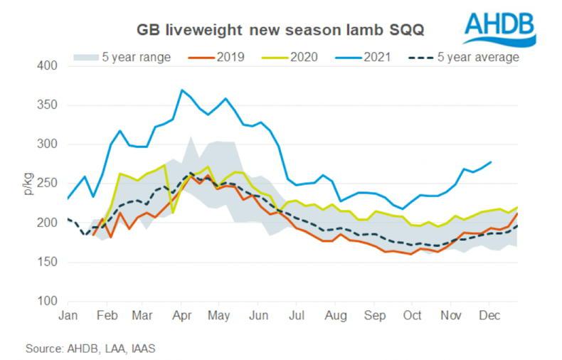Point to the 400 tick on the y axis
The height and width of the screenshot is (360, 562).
pos(47,66)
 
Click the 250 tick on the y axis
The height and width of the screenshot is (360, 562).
pos(47,184)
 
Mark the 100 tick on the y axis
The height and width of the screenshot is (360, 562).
pos(47,301)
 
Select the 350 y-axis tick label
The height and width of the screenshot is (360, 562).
pos(47,105)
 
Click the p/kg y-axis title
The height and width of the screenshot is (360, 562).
pos(26,184)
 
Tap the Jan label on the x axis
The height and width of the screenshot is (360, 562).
pos(68,314)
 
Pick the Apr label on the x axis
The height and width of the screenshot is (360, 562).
pos(183,314)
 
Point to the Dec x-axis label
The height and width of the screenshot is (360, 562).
pos(488,314)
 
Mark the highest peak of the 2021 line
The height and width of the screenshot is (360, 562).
pos(182,90)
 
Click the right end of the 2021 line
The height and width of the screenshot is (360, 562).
pos(491,162)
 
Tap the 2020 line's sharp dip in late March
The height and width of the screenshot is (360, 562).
pos(172,212)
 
